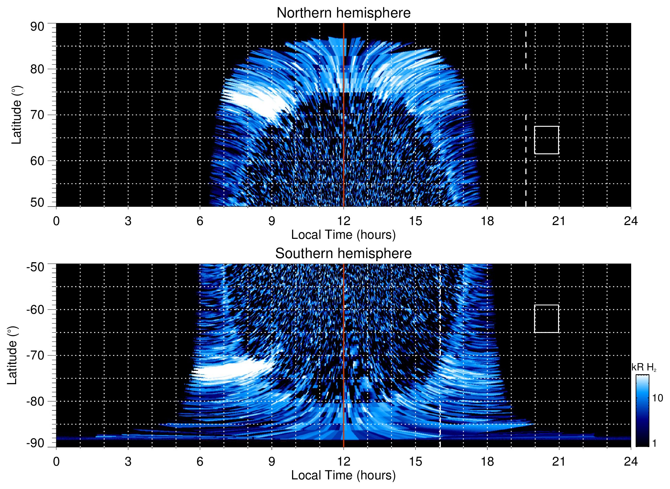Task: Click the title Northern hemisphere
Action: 343,13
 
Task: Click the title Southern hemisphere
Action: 343,254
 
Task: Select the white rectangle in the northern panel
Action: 546,140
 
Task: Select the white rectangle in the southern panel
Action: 546,319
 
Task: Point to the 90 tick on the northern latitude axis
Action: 37,27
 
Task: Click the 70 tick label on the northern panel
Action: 37,115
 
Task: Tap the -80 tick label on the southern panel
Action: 35,401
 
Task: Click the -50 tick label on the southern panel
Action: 35,267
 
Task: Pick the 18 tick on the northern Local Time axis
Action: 487,221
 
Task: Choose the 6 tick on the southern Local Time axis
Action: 200,462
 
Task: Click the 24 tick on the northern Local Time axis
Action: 630,221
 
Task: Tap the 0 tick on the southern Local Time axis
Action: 56,462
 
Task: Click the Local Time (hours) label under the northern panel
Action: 343,235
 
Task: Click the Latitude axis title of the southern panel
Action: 12,355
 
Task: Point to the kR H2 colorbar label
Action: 644,367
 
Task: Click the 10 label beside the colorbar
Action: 657,398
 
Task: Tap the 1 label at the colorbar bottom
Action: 654,443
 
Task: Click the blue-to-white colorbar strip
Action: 642,411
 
